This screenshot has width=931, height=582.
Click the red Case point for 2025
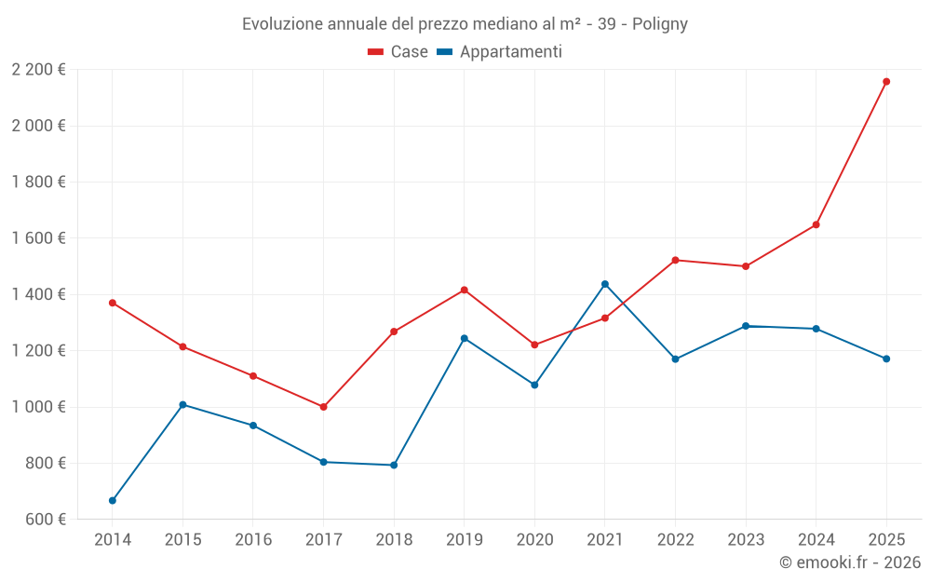(886, 82)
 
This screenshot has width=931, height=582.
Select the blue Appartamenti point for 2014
(113, 501)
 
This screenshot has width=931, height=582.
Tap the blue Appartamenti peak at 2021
(605, 284)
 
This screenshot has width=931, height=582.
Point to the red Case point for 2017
(323, 407)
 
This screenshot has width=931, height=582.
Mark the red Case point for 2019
(465, 291)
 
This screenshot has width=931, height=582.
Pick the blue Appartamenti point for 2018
(394, 465)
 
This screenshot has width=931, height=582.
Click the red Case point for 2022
(675, 260)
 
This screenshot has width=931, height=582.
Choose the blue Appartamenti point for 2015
(182, 405)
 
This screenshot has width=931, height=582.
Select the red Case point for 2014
(113, 303)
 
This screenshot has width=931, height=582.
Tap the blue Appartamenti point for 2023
(746, 326)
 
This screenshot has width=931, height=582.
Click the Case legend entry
(398, 52)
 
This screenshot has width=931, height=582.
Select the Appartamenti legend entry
(500, 52)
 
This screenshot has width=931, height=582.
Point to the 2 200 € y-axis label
(38, 70)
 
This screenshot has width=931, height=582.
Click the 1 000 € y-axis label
(38, 407)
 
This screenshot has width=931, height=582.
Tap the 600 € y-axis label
(44, 520)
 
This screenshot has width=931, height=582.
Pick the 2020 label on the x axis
(534, 540)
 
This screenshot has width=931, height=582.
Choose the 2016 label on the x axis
(253, 540)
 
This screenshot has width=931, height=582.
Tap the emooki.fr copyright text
(849, 562)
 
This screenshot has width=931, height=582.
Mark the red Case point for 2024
(816, 224)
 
